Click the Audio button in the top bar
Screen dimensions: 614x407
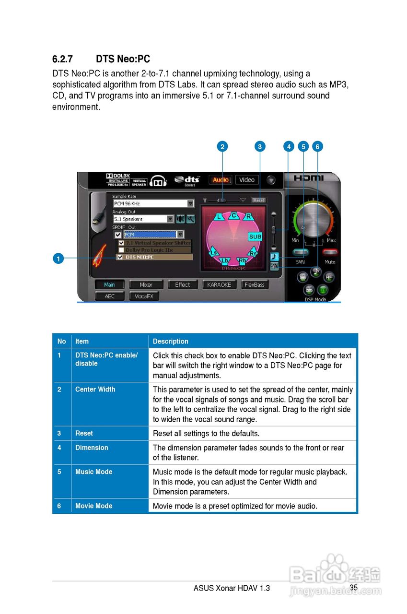pyautogui.click(x=221, y=180)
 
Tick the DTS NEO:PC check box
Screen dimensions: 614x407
pyautogui.click(x=120, y=257)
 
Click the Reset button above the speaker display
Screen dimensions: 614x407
pyautogui.click(x=259, y=200)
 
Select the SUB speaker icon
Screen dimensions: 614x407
pyautogui.click(x=255, y=236)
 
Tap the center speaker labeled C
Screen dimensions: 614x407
pyautogui.click(x=234, y=215)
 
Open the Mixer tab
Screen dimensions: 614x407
pyautogui.click(x=146, y=284)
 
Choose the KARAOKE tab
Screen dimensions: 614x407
pyautogui.click(x=219, y=284)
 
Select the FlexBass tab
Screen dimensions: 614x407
pyautogui.click(x=255, y=284)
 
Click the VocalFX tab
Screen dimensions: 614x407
pyautogui.click(x=144, y=296)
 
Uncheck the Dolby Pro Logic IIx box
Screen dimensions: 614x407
pyautogui.click(x=121, y=250)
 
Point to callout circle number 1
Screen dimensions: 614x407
pyautogui.click(x=58, y=259)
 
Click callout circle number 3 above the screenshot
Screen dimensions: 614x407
pyautogui.click(x=259, y=146)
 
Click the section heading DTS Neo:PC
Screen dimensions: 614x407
pyautogui.click(x=123, y=59)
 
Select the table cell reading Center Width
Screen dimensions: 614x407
pyautogui.click(x=95, y=389)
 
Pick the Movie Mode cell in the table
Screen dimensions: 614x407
pyautogui.click(x=94, y=506)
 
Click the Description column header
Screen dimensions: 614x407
pyautogui.click(x=170, y=341)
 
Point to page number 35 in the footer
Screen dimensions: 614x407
pyautogui.click(x=354, y=587)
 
